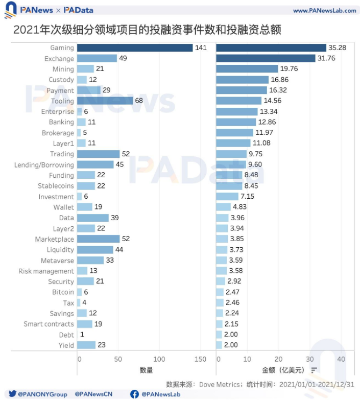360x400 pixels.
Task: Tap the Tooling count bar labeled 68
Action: (x=105, y=101)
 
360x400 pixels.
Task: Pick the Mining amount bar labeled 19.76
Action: (x=247, y=69)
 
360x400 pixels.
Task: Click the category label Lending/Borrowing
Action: (x=44, y=164)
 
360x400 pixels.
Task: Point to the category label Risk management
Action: (x=46, y=271)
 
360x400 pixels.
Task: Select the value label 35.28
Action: (x=337, y=48)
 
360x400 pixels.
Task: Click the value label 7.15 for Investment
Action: (x=248, y=197)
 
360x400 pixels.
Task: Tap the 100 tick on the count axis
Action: (x=159, y=359)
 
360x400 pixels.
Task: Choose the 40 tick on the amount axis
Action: (x=341, y=359)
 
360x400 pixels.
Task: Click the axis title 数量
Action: (x=146, y=370)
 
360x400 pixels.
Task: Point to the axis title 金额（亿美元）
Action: (x=283, y=370)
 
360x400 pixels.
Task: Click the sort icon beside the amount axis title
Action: (x=314, y=370)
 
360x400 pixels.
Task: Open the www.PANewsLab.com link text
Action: (x=324, y=10)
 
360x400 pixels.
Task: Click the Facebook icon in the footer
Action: (x=134, y=394)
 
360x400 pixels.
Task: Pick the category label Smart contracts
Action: (x=49, y=324)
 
